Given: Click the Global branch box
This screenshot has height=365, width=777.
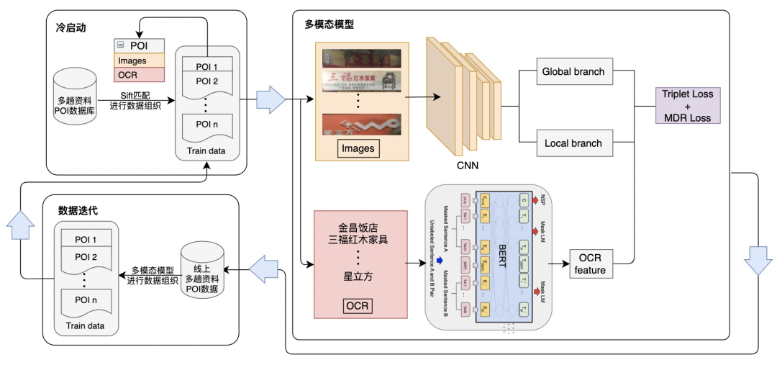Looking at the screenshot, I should [572, 72].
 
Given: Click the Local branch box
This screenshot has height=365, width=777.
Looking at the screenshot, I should [573, 143].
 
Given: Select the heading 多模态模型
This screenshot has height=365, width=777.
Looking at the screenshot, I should [329, 24].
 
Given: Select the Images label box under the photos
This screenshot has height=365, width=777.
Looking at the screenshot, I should [358, 149].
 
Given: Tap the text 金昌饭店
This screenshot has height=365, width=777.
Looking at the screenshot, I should [358, 225].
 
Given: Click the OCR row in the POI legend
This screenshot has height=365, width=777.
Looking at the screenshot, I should [139, 75].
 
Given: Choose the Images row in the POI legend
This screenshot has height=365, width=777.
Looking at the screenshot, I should [139, 61].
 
